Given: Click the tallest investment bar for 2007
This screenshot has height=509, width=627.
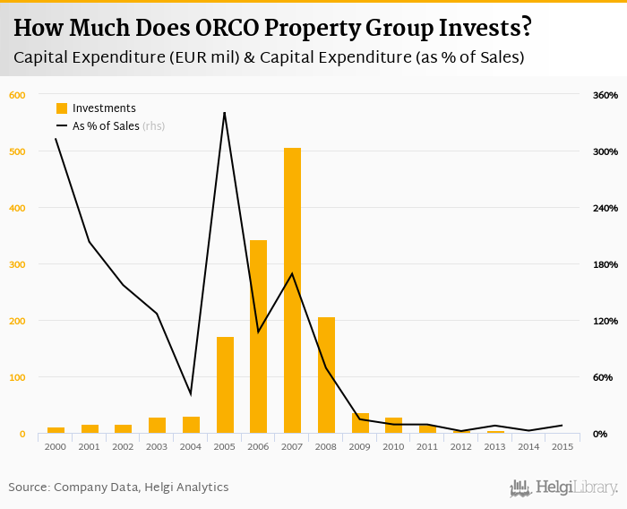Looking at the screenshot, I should (x=292, y=291).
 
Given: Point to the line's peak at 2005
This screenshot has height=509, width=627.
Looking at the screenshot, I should (x=224, y=112).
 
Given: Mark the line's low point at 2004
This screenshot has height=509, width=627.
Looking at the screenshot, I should (x=191, y=393).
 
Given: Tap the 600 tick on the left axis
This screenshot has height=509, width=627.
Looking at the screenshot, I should (x=18, y=95).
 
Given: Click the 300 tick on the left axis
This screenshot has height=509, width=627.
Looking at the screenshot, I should (x=18, y=264).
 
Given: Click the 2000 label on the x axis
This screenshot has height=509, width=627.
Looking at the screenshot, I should (x=56, y=446).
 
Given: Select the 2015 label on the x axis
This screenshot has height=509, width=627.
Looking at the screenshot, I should (x=563, y=446).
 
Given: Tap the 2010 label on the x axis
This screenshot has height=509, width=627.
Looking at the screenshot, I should (x=393, y=446).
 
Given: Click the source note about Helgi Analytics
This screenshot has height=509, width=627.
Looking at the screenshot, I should (x=118, y=487).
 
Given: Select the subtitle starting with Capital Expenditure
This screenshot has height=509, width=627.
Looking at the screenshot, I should (x=269, y=58).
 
